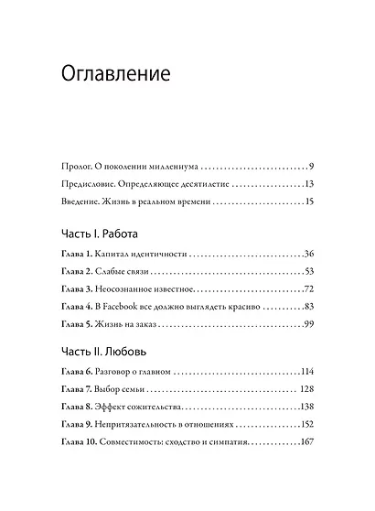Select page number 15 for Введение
310,201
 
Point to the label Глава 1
78,253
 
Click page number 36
309,253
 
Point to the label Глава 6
78,371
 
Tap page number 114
307,371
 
